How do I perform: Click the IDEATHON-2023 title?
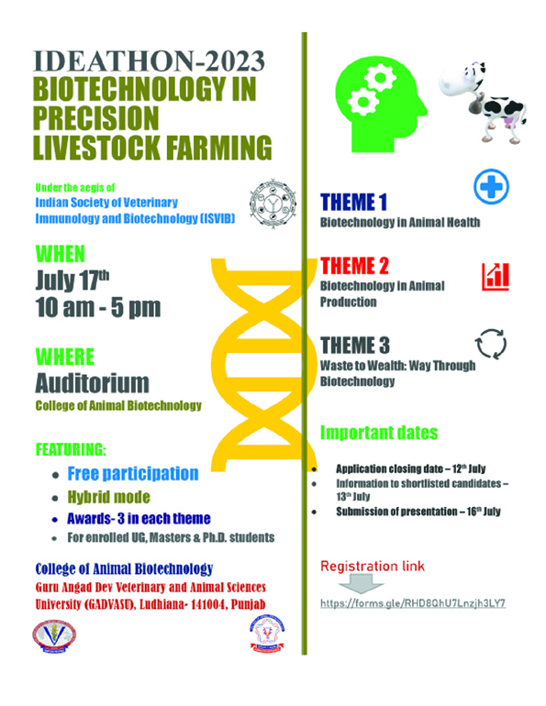[x=149, y=61]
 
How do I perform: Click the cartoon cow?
[x=483, y=103]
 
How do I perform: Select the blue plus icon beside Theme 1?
[x=492, y=186]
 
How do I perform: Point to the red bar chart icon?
[x=496, y=277]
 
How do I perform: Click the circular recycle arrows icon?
[x=491, y=344]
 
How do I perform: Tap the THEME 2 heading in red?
[x=354, y=266]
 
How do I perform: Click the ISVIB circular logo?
[x=273, y=204]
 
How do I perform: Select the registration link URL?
[x=413, y=603]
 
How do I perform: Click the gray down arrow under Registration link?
[x=362, y=585]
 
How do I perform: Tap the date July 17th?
[x=72, y=280]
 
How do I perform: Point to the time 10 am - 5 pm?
[x=98, y=307]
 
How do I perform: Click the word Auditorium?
[x=92, y=383]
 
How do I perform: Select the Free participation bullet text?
[x=133, y=474]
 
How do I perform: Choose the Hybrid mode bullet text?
[x=108, y=497]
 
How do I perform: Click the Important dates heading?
[x=379, y=433]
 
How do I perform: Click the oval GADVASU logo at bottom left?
[x=54, y=636]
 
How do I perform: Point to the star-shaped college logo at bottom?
[x=268, y=633]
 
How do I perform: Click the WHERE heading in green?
[x=65, y=357]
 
